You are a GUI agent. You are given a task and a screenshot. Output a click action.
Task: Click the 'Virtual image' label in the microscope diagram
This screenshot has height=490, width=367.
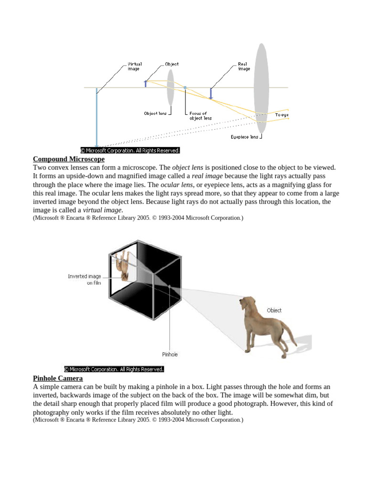[x=134, y=66]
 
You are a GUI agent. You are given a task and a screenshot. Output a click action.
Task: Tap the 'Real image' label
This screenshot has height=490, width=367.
[x=244, y=66]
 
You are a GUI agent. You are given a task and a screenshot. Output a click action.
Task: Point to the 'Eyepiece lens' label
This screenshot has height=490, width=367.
[x=244, y=136]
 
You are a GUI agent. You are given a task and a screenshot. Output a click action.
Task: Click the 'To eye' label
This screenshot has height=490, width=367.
[x=281, y=115]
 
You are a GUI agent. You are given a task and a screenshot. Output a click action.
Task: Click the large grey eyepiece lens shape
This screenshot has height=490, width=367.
[x=261, y=89]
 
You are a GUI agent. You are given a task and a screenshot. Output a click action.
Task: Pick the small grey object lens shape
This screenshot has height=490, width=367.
[x=170, y=88]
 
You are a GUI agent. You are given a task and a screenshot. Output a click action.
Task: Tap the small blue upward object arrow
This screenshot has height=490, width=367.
[x=146, y=83]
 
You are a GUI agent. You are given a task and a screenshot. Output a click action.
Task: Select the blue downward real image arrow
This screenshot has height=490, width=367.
[x=211, y=93]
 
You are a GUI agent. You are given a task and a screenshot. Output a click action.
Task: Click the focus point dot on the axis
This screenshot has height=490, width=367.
[x=185, y=88]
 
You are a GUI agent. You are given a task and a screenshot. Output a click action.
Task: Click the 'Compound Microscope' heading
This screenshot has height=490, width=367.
[x=68, y=159]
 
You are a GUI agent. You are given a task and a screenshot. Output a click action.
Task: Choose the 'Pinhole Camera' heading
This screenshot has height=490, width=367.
[x=58, y=379]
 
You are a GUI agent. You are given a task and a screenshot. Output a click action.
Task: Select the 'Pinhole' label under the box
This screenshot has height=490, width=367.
[x=170, y=355]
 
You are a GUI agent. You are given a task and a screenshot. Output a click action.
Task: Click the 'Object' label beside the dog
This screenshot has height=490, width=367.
[x=274, y=311]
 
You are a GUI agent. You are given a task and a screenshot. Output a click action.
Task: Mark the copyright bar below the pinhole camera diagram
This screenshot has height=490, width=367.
[x=114, y=369]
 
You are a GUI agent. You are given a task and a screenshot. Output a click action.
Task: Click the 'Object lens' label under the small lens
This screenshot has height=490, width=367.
[x=155, y=113]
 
